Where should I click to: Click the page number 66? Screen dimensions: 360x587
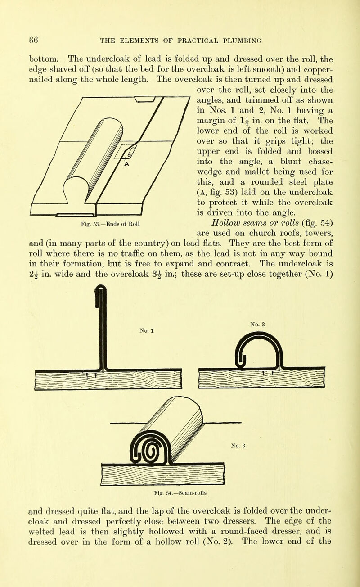pyautogui.click(x=34, y=40)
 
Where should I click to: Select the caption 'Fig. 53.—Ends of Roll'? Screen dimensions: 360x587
pyautogui.click(x=110, y=224)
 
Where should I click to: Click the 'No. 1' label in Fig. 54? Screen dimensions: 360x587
pyautogui.click(x=147, y=331)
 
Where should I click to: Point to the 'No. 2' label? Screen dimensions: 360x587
pyautogui.click(x=257, y=325)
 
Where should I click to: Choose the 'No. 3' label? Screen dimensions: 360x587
pyautogui.click(x=238, y=446)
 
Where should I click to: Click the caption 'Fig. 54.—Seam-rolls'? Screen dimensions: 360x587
pyautogui.click(x=180, y=493)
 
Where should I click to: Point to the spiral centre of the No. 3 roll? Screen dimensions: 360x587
pyautogui.click(x=151, y=452)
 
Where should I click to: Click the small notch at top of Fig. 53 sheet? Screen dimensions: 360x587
pyautogui.click(x=144, y=100)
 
